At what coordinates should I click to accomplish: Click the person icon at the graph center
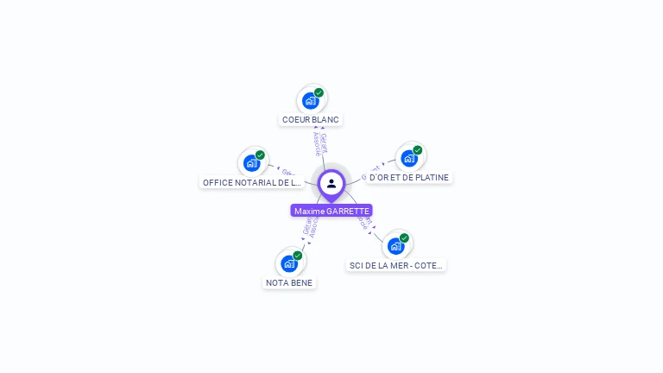(x=331, y=183)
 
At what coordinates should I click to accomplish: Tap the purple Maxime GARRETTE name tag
(x=331, y=211)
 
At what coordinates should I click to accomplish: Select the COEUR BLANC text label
(x=311, y=120)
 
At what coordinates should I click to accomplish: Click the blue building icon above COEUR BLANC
(x=310, y=101)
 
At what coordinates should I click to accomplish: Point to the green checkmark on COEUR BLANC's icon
(x=319, y=92)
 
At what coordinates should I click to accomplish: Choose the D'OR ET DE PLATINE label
(x=409, y=177)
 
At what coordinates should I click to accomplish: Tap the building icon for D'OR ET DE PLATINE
(x=409, y=158)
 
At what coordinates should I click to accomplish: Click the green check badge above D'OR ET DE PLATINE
(x=418, y=150)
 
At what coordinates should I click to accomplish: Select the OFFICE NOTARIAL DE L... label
(x=251, y=182)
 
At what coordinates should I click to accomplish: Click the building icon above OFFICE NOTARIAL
(x=251, y=163)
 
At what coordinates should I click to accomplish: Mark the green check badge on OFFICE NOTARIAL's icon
(x=260, y=155)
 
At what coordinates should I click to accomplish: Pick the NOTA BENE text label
(x=289, y=282)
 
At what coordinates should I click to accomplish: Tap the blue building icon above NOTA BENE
(x=289, y=263)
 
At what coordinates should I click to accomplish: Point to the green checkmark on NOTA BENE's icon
(x=298, y=256)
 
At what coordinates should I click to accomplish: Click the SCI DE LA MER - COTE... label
(x=396, y=265)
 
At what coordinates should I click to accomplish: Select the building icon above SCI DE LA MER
(x=395, y=246)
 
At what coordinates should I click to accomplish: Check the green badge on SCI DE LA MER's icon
(x=404, y=238)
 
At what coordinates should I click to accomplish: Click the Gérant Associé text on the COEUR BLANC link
(x=320, y=143)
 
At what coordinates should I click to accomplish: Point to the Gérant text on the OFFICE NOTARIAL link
(x=288, y=172)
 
